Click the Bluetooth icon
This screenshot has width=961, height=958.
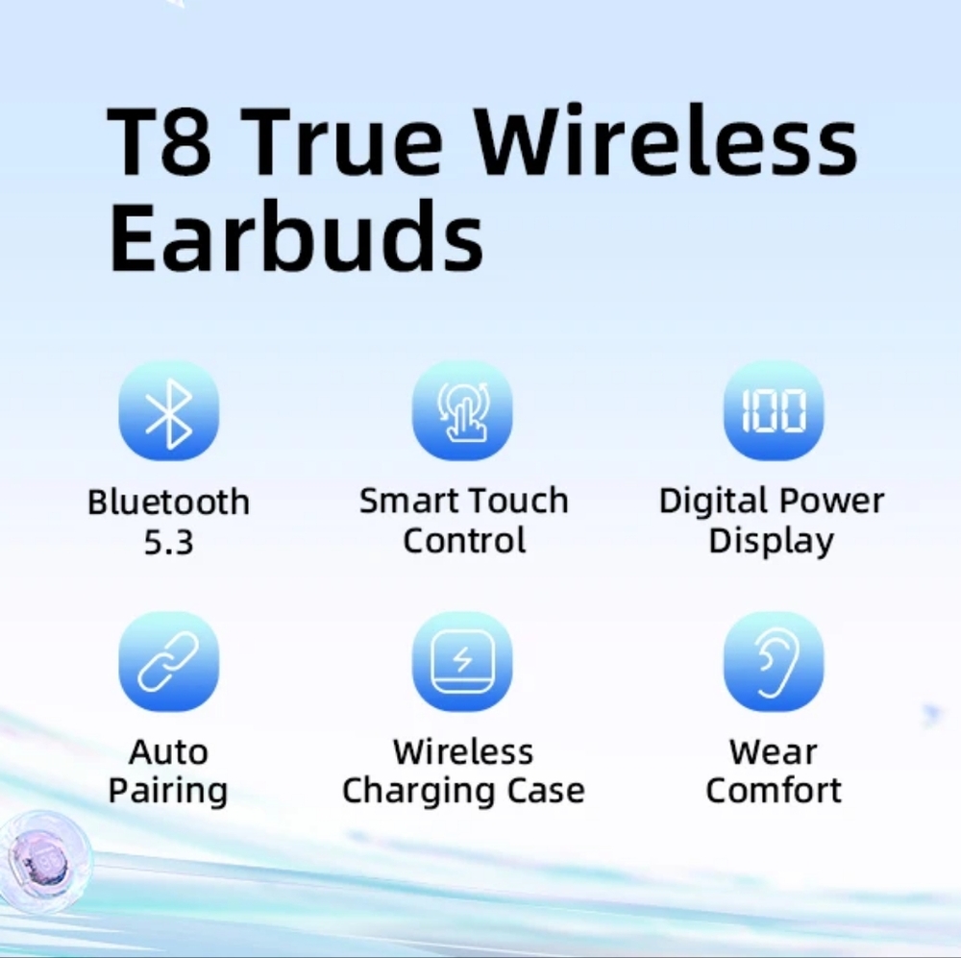coord(168,410)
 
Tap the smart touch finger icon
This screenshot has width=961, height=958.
coord(462,410)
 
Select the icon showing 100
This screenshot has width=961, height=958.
coord(774,410)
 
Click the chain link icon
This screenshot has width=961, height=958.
coord(168,661)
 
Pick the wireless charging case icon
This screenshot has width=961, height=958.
coord(462,661)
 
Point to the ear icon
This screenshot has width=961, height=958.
coord(774,661)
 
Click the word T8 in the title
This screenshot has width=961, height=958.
coord(160,141)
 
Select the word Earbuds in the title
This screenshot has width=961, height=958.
coord(296,236)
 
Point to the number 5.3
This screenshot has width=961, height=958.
coord(168,543)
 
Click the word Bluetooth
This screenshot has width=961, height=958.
coord(168,502)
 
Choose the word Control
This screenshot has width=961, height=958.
coord(464,540)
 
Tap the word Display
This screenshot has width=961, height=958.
coord(771,542)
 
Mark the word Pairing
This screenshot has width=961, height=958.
coord(168,791)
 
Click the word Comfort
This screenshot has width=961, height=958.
coord(774,790)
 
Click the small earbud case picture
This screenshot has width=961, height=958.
coord(44,861)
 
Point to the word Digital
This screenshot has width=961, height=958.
coord(712,502)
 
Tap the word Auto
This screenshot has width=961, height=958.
coord(168,752)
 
